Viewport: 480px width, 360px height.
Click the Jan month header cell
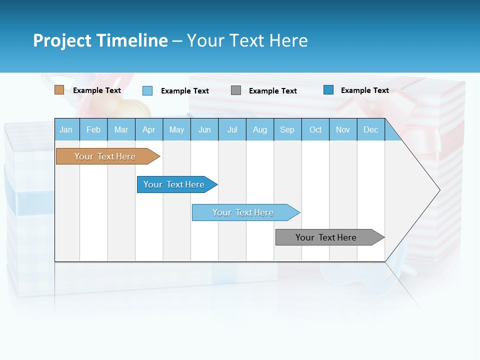tap(66, 130)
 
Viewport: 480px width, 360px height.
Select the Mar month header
tap(121, 130)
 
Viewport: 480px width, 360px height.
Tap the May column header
tap(176, 130)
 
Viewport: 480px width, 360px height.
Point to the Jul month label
tap(232, 130)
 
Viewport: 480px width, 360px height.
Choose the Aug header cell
tap(259, 130)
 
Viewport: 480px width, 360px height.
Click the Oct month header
tap(315, 130)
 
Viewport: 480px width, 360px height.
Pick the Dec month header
tap(370, 130)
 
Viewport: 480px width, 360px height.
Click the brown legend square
tap(59, 90)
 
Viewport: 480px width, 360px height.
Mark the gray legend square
tap(236, 90)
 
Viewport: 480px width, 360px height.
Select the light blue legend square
tap(147, 90)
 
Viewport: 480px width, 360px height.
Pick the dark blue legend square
tap(328, 90)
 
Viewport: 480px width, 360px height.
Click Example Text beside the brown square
tap(97, 90)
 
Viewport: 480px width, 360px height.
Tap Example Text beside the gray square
tap(273, 91)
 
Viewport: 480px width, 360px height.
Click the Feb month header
tap(93, 130)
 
